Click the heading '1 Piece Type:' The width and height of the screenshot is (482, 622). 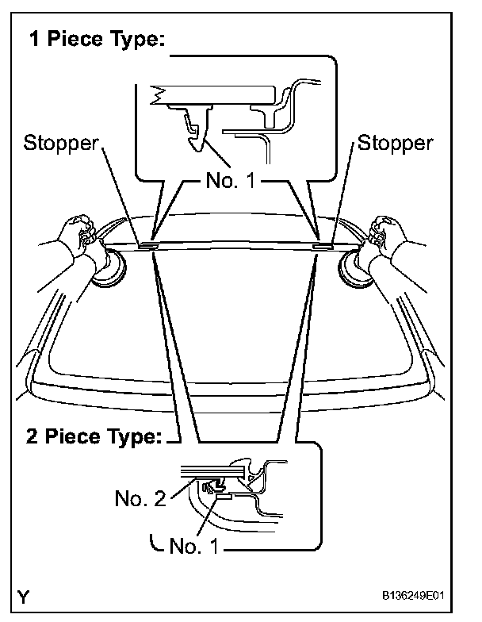98,40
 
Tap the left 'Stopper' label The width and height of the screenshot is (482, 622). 61,143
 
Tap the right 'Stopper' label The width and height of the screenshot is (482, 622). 396,143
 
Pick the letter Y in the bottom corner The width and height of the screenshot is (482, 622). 28,597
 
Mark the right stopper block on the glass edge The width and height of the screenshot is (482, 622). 321,247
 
